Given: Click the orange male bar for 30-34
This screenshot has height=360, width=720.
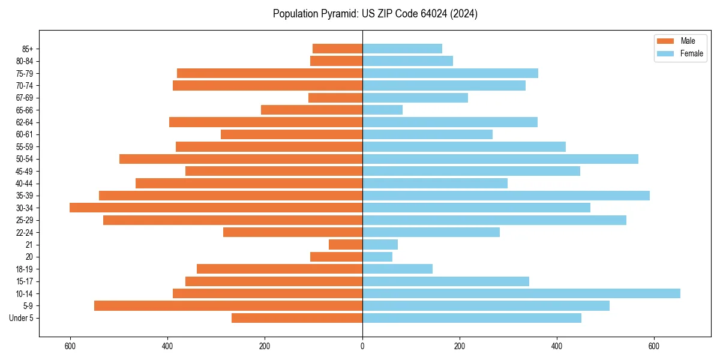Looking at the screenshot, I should pos(216,208).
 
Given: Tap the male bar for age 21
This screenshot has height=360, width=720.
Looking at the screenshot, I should pos(346,244).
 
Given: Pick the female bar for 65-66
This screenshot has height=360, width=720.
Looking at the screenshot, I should pos(382,110).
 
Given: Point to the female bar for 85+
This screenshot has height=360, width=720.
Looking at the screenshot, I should pos(402,49).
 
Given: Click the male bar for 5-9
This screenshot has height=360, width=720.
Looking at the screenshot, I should pos(228,305).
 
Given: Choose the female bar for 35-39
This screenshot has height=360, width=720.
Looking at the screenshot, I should pos(506,196).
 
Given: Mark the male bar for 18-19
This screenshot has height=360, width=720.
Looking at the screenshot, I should pos(280,269).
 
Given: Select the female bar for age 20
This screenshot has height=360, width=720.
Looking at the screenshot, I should pos(377,257).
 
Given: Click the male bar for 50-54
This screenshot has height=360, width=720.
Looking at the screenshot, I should pos(241,159).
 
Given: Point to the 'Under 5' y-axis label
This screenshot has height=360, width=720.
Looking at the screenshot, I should pos(21,318).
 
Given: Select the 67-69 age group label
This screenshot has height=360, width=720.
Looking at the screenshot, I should pos(25,98).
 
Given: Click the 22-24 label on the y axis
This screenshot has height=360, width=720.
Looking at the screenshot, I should pos(25,232).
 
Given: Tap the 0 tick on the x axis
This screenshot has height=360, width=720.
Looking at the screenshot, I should pos(362,346).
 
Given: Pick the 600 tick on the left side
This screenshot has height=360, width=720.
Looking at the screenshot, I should pos(70,346).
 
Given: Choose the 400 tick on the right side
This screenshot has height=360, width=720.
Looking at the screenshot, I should pos(557,346).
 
